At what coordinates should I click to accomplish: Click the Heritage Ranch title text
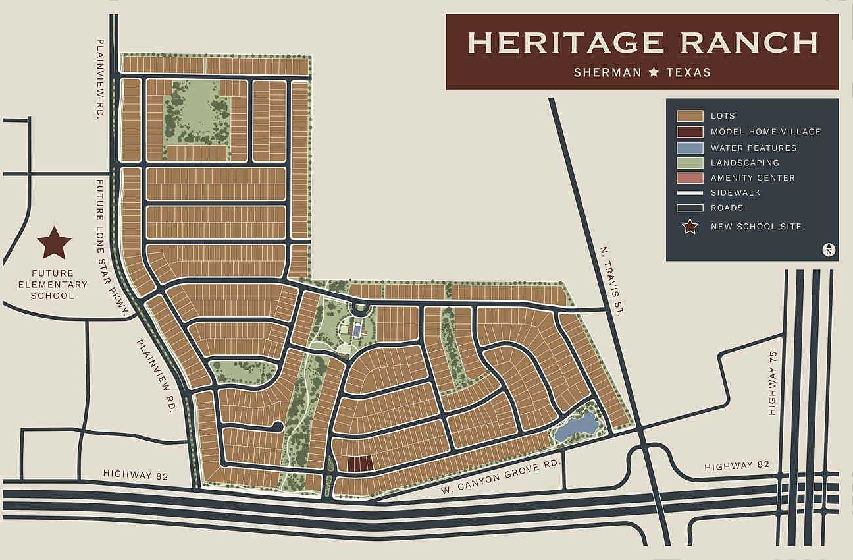642,42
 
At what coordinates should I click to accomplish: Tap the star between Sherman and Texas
654,72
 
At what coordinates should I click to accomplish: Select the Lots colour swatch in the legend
690,116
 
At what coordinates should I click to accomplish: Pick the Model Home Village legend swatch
690,132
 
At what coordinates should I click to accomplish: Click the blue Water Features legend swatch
690,148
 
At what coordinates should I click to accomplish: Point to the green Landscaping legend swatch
690,163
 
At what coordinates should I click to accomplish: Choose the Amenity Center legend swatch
690,178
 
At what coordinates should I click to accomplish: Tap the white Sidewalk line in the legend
690,193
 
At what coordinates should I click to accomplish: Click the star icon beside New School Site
690,227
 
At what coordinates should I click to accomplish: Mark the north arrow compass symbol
829,249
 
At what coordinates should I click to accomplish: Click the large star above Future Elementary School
54,242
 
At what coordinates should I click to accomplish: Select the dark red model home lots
359,464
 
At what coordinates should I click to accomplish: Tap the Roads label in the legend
727,208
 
